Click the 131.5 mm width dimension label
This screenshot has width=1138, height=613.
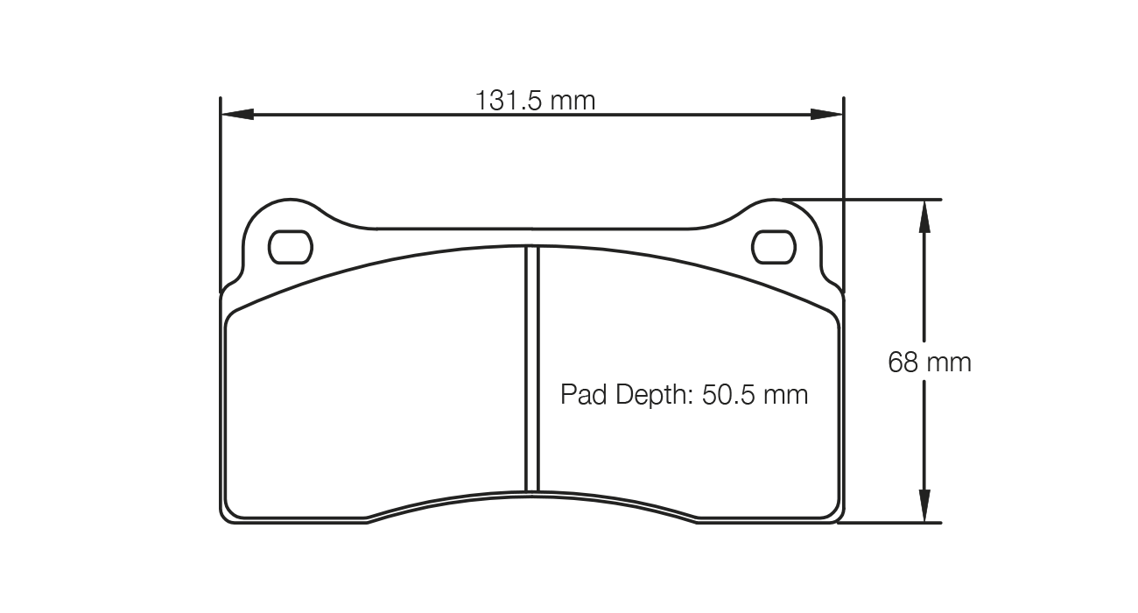pos(535,101)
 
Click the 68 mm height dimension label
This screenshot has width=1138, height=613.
pos(930,362)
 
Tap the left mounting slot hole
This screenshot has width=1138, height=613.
pos(290,247)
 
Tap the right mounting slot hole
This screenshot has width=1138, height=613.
pos(774,247)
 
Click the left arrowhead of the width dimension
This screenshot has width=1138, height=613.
pos(237,114)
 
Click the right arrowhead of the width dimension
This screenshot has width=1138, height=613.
pos(826,114)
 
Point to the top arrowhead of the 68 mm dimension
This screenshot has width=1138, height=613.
pos(923,215)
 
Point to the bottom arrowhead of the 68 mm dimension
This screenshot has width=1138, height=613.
pos(923,507)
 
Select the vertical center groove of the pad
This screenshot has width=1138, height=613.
pos(531,368)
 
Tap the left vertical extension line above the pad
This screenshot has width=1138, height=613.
pos(220,193)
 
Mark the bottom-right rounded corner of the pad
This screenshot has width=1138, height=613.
pos(835,513)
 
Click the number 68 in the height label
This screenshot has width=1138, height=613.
pos(903,362)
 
